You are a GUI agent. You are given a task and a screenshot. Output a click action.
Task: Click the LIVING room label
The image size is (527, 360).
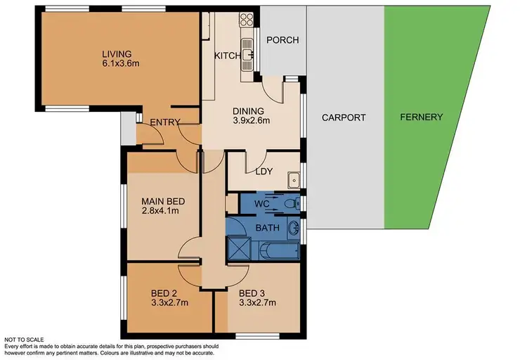click(117, 53)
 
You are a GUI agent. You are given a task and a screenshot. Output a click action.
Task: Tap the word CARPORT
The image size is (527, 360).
click(344, 117)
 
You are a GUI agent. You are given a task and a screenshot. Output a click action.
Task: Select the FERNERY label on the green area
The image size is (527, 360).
click(421, 117)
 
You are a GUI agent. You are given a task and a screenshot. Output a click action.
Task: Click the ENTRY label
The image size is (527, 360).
click(165, 122)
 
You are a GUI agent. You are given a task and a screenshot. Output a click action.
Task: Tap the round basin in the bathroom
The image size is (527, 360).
click(294, 228)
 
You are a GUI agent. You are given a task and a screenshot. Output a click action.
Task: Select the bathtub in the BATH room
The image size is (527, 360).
click(278, 250)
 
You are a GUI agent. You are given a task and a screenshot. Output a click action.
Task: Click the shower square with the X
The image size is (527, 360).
click(238, 250)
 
